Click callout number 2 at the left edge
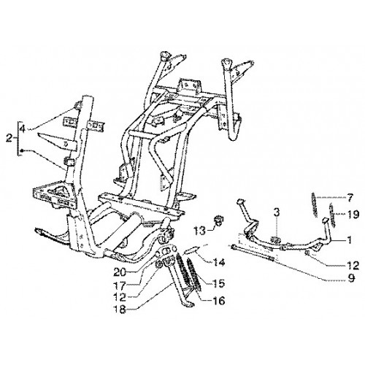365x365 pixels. [x=9, y=139]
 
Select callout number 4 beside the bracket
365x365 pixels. [x=23, y=128]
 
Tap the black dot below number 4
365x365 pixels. [x=22, y=150]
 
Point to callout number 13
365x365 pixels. [x=200, y=231]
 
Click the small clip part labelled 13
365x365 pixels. [x=218, y=220]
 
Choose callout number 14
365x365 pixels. [x=218, y=263]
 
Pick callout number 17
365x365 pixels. [x=120, y=285]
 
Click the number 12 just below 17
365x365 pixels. [x=120, y=297]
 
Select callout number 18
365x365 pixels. [x=120, y=310]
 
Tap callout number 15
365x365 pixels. [x=218, y=283]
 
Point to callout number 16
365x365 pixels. [x=218, y=301]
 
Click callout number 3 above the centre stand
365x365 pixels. [x=276, y=212]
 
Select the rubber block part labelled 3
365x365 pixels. [x=276, y=239]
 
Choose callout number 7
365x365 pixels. [x=350, y=199]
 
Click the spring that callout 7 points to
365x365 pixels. [x=315, y=204]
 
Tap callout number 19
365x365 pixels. [x=353, y=215]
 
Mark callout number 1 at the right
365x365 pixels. [x=350, y=240]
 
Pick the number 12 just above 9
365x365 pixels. [x=353, y=266]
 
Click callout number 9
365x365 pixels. [x=351, y=279]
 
